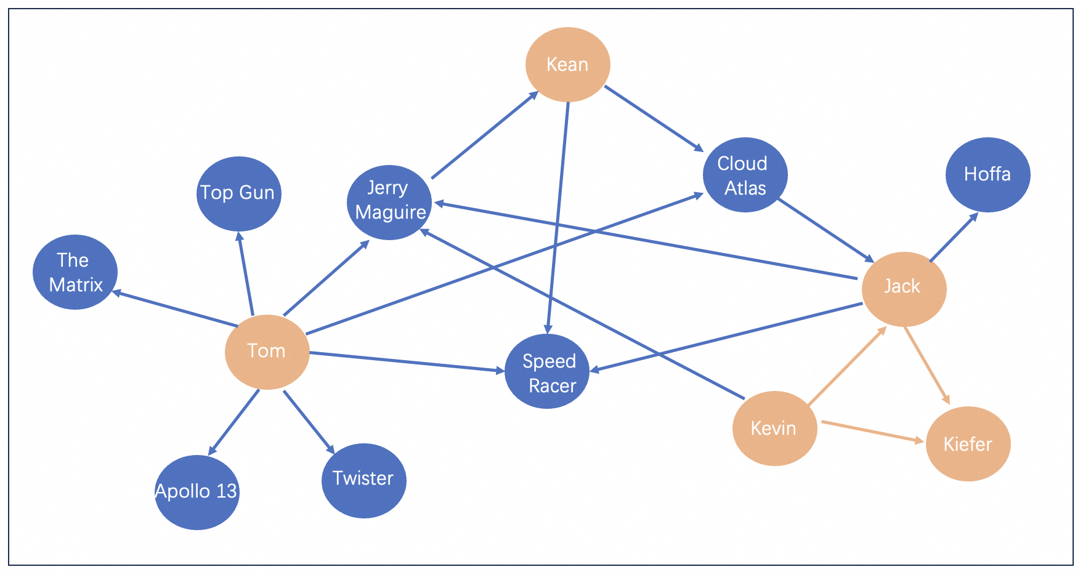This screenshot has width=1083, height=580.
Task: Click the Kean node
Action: point(567,64)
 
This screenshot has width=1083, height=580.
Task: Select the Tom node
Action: point(267,352)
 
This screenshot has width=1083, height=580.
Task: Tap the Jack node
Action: point(904,289)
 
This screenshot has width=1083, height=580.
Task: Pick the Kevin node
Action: point(774,428)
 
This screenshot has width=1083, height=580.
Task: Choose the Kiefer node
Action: point(968,443)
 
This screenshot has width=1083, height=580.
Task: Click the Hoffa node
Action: point(988,174)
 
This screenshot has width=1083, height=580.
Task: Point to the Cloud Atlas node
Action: point(745,175)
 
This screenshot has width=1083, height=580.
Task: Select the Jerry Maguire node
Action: point(389,202)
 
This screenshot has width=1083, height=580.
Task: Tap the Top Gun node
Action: point(238,193)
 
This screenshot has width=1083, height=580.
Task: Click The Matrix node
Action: point(75,272)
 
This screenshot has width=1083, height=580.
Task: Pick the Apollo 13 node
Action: point(197,492)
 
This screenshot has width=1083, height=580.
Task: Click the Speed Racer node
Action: point(547,371)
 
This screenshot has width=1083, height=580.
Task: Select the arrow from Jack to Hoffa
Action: point(954,237)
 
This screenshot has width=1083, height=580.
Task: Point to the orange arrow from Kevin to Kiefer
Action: point(872,431)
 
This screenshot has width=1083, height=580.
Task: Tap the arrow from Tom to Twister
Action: point(309,422)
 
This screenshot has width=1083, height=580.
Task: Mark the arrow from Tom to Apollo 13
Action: point(234,422)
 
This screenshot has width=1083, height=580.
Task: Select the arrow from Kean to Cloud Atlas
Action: point(654,118)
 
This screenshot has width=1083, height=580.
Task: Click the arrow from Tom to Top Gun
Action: point(245,273)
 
